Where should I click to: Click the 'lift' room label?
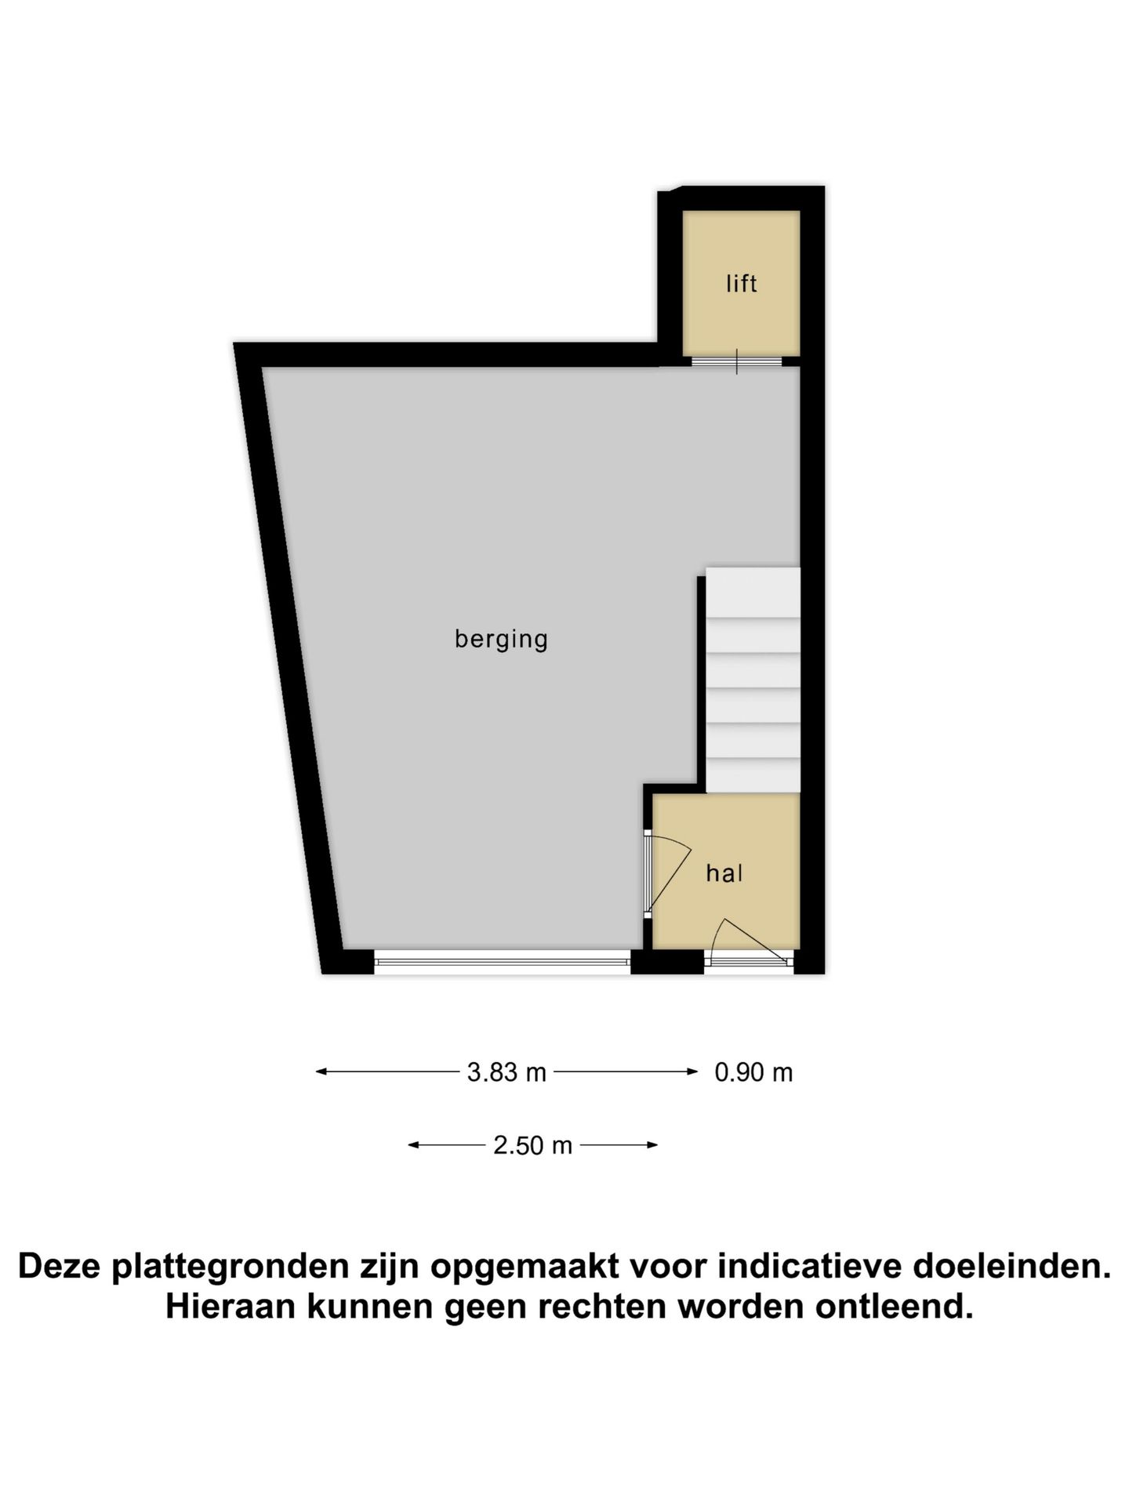(x=741, y=283)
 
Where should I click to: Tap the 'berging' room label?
(x=501, y=639)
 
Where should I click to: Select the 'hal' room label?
(x=724, y=873)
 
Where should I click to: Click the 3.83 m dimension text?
(x=506, y=1072)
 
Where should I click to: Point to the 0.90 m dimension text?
(x=753, y=1072)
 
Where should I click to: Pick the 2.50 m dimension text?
(x=532, y=1145)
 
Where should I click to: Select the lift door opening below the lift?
(x=736, y=361)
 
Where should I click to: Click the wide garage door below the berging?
(x=502, y=961)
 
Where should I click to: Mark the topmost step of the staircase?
(x=753, y=592)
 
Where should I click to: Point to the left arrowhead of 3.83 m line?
(x=320, y=1072)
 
